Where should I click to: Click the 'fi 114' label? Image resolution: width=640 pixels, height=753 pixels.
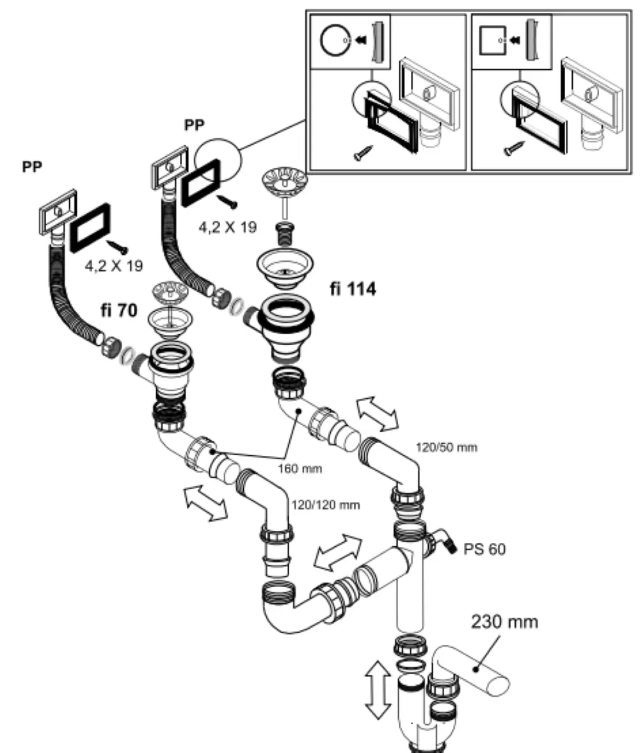353,289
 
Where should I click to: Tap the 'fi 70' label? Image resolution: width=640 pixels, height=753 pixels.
119,310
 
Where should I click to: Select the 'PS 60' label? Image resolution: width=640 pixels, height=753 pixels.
484,549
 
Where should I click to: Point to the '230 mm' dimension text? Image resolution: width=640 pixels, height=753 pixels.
504,622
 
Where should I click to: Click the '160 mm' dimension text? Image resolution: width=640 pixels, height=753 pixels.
300,468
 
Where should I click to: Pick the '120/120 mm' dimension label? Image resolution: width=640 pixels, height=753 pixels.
326,505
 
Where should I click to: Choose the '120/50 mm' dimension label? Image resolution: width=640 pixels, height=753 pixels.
447,447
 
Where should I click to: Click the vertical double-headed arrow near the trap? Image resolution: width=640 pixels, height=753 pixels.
378,690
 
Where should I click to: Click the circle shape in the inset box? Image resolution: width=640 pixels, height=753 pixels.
335,40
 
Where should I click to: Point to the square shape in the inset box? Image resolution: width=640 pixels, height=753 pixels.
493,40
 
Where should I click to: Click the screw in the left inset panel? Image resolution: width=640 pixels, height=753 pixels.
363,153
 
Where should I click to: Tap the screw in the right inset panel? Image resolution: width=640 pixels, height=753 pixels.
514,149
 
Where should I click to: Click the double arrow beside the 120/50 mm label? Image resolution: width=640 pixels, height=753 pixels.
378,414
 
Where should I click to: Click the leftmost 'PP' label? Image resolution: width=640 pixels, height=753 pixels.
32,167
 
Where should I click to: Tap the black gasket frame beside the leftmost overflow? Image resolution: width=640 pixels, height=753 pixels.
91,228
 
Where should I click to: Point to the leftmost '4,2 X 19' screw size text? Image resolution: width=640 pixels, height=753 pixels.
114,266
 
